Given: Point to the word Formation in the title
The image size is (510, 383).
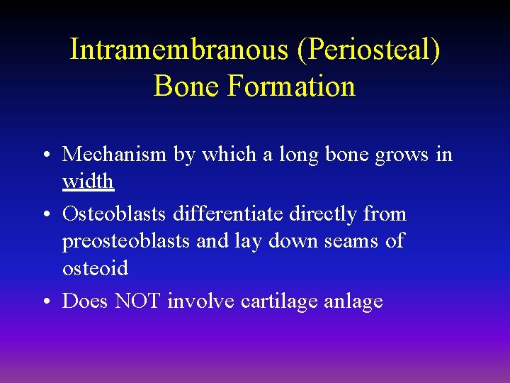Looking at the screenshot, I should pos(292,87).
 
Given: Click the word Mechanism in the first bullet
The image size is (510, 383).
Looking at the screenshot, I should pos(116,155).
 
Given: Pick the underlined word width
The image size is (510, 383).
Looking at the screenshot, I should pos(88,182).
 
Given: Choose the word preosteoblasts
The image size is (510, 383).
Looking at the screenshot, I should pos(127,241).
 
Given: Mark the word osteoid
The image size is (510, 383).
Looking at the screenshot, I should pos(95,269).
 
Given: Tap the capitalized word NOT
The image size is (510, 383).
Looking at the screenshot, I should pos(139,301).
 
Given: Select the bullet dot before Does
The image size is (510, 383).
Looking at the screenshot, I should pos(45,302).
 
